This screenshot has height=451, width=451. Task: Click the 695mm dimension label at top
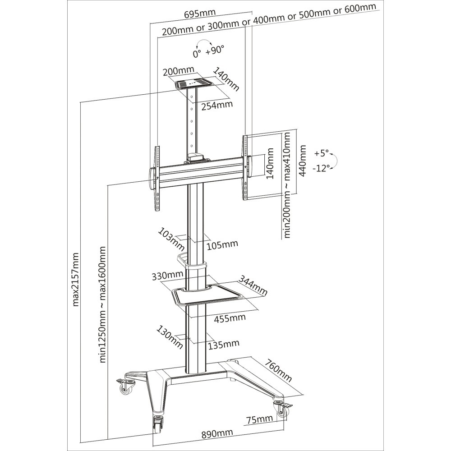pyautogui.click(x=200, y=13)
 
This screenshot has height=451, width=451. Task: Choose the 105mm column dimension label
pyautogui.click(x=222, y=244)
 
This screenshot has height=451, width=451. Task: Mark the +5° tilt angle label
pyautogui.click(x=322, y=152)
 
